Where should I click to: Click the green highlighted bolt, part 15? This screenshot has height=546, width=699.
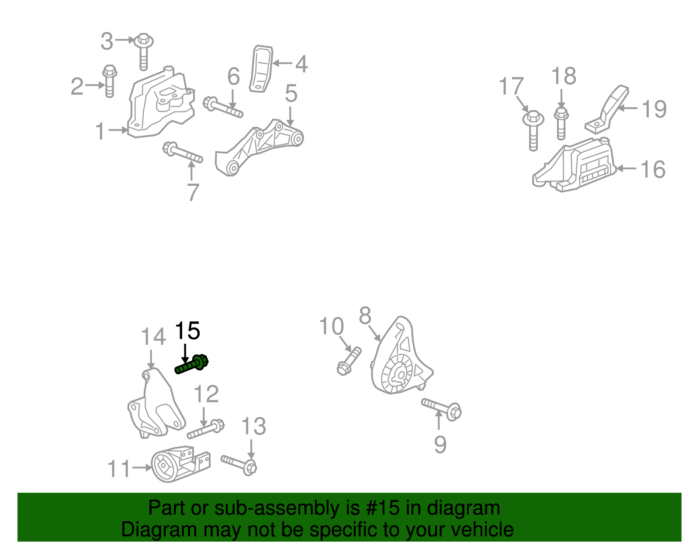click(191, 364)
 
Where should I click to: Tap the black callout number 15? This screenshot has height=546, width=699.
click(187, 330)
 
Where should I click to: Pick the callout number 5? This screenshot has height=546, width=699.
click(291, 93)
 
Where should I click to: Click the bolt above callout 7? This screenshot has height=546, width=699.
click(182, 153)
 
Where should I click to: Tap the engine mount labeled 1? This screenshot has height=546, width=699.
click(161, 103)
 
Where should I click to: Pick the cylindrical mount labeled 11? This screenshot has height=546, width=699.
click(180, 463)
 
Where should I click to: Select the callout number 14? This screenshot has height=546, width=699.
click(153, 337)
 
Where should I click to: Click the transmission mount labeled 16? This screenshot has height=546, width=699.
click(574, 166)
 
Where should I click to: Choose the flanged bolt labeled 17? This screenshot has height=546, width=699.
click(533, 130)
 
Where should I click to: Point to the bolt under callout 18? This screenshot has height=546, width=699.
click(561, 124)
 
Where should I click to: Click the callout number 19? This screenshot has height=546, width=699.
click(654, 109)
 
